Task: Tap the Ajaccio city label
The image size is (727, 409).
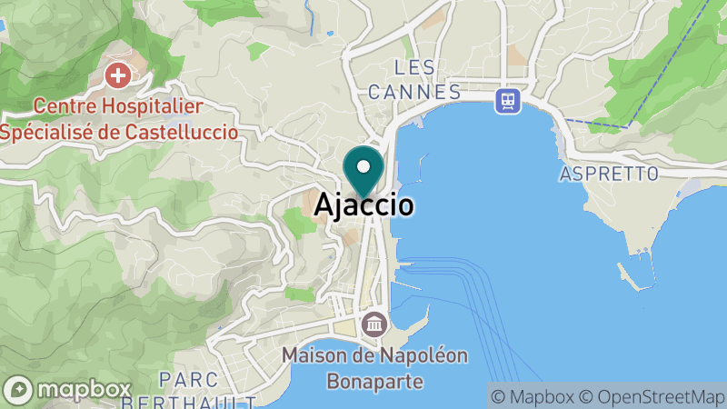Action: [364, 206]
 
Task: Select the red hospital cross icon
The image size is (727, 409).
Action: [116, 75]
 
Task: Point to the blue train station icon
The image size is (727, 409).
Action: [507, 99]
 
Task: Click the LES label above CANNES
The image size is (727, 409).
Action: [415, 67]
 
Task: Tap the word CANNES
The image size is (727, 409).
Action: [415, 92]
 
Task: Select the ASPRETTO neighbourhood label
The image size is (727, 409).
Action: [609, 173]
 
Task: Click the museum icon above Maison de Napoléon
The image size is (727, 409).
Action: [374, 324]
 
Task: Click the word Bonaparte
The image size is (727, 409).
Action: [374, 376]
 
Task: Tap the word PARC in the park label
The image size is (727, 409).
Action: [179, 378]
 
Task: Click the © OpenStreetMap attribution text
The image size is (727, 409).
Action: [652, 396]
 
